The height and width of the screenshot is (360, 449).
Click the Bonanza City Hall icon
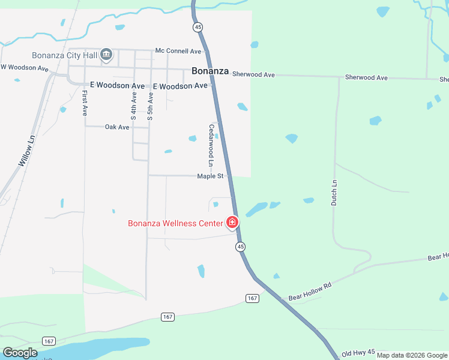tap(107, 55)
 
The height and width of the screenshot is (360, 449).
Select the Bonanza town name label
tap(210, 71)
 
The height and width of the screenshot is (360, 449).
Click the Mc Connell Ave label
tap(178, 51)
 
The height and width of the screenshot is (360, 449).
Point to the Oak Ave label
tap(117, 127)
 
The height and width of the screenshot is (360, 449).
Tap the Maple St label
tap(210, 176)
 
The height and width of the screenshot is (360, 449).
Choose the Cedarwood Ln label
tap(211, 145)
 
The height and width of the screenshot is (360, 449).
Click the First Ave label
tap(85, 103)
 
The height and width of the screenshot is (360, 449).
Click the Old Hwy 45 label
tap(358, 353)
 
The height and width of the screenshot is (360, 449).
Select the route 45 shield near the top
tap(197, 27)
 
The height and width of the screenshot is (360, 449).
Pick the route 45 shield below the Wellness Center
tap(241, 247)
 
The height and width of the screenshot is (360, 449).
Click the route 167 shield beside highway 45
tap(252, 298)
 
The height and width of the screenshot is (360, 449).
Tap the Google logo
tap(20, 353)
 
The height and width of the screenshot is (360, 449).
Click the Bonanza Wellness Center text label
tap(174, 224)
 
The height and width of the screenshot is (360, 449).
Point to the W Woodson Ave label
tap(24, 68)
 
